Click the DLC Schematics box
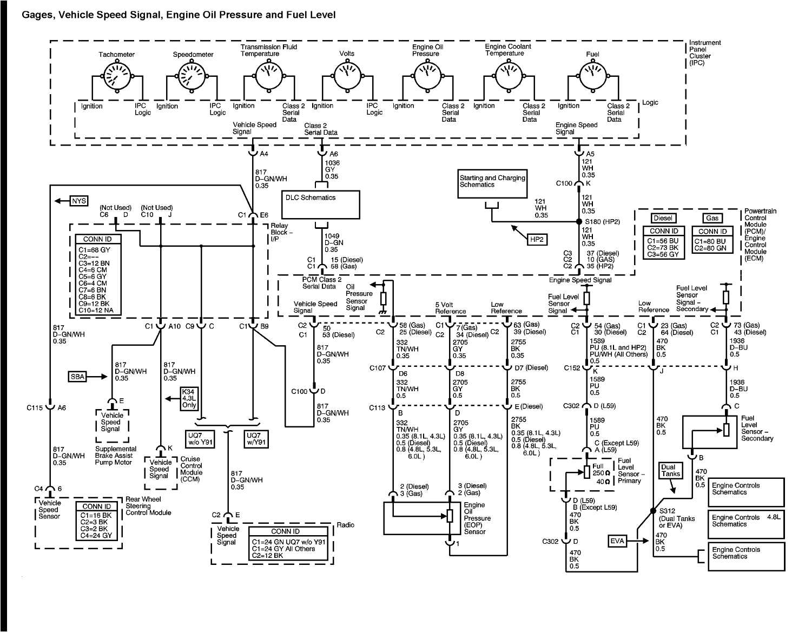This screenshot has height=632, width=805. tap(320, 204)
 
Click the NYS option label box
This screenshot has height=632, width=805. tap(79, 201)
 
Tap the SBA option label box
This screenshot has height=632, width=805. tap(77, 377)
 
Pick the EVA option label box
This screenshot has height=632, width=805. tap(617, 540)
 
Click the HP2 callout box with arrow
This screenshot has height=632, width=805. tap(536, 239)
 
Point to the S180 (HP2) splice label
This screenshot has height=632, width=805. tap(602, 221)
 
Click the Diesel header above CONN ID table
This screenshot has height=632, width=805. tap(663, 218)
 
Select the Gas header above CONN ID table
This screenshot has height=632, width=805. tap(712, 218)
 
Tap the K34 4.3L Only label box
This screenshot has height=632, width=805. tap(189, 398)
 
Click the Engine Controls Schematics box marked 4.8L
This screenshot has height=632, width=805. tap(745, 523)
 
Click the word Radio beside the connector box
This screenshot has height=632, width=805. tap(345, 525)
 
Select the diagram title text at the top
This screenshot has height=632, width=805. tap(179, 15)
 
